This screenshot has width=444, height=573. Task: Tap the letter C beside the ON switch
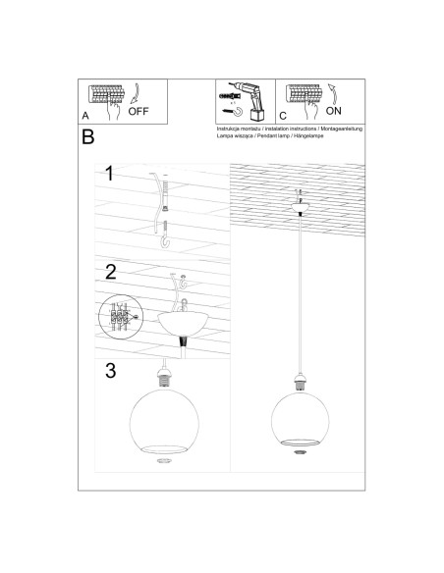click(281, 116)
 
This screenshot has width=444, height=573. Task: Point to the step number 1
click(111, 177)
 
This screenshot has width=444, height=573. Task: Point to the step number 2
click(111, 273)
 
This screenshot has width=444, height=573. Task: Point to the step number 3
click(111, 370)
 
